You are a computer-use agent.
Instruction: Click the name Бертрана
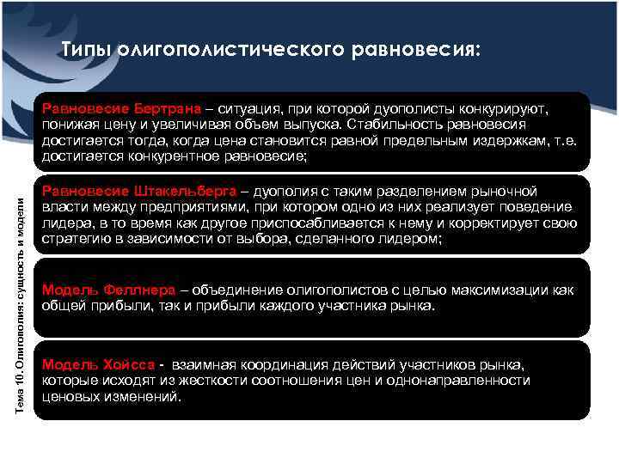click(168, 110)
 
